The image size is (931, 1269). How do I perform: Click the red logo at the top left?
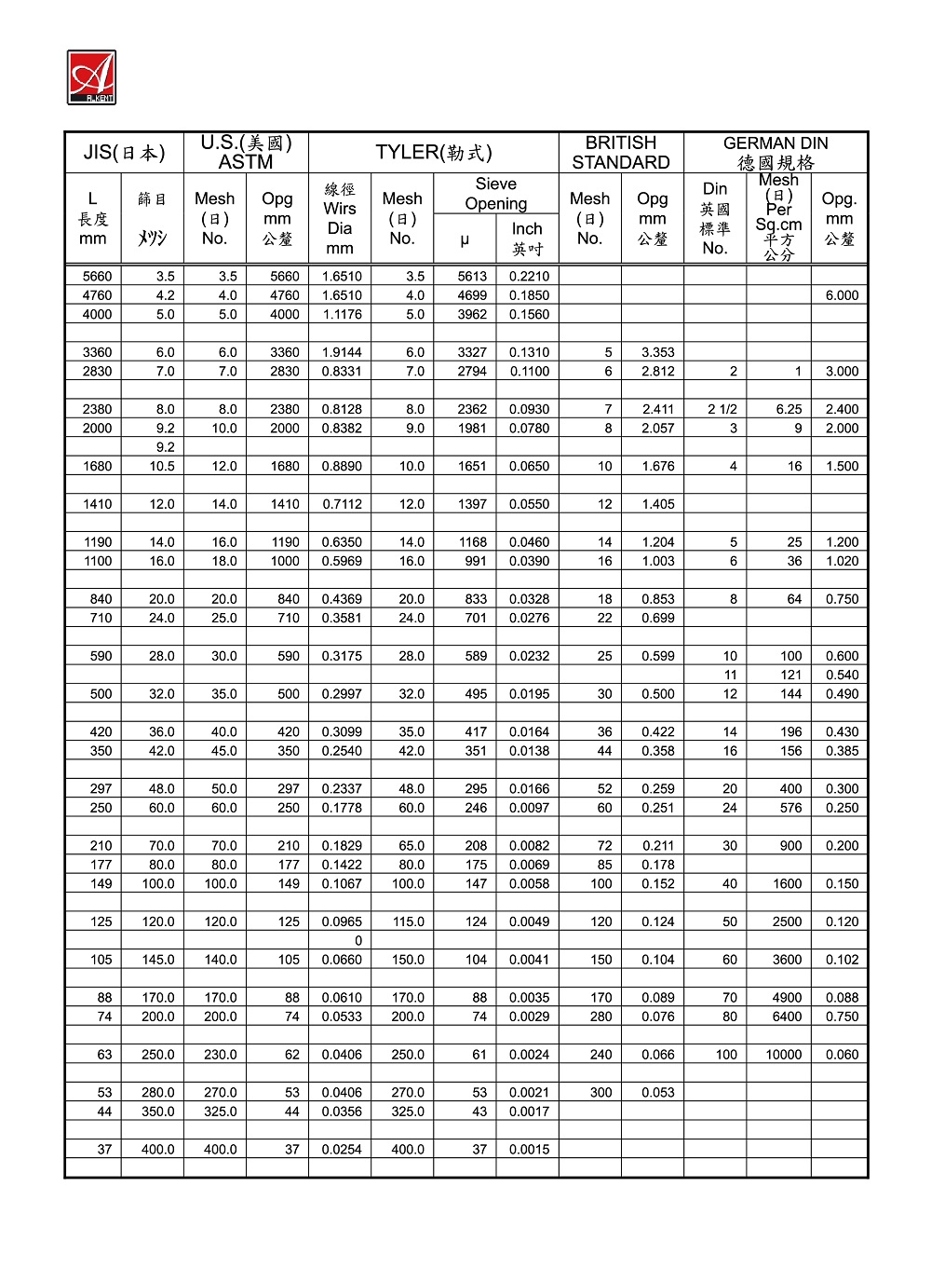coord(91,77)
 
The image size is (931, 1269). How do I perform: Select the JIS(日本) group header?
coord(124,153)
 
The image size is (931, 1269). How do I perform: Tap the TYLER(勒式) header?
coord(433,153)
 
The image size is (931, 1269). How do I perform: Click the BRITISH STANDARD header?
coord(621,153)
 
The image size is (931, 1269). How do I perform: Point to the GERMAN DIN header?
coord(776,153)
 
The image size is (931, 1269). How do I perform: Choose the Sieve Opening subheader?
coord(495,194)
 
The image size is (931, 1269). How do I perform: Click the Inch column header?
coord(527,239)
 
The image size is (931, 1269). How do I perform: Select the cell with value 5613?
coord(472,276)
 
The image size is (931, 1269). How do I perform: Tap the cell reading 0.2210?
coord(529,276)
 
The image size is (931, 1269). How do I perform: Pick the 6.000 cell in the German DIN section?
coord(842,295)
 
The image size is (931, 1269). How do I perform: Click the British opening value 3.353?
coord(657,352)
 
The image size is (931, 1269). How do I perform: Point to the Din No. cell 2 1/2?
coord(722,409)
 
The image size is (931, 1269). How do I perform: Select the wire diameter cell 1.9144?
coord(342,352)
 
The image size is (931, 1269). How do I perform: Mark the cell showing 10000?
coord(783,1055)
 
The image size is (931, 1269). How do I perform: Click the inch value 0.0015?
coord(529,1150)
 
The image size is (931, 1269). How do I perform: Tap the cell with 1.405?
coord(657,504)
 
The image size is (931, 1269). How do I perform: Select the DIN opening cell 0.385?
coord(842,751)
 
